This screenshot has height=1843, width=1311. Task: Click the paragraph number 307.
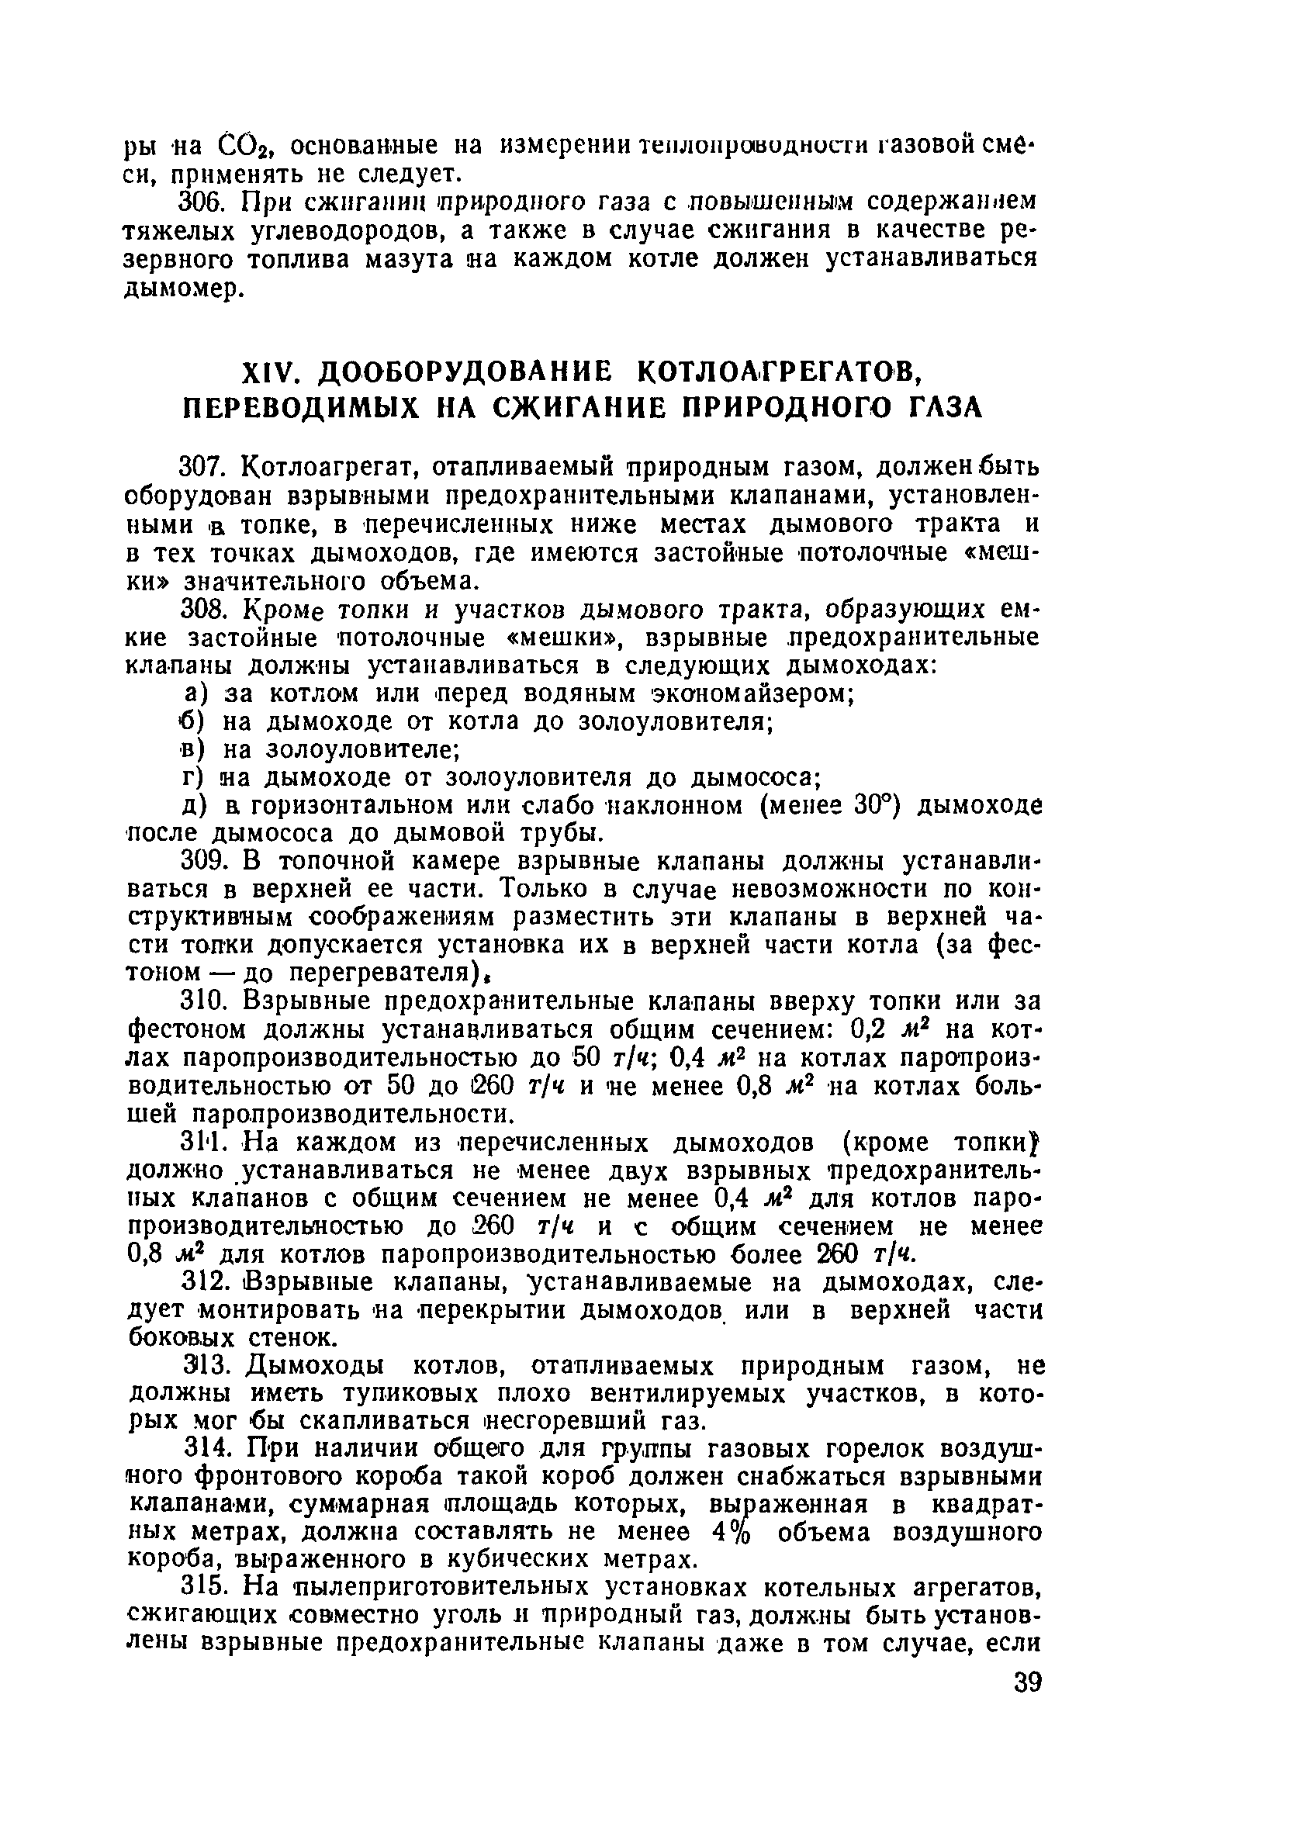pyautogui.click(x=206, y=467)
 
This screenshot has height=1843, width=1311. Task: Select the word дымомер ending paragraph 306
pyautogui.click(x=181, y=289)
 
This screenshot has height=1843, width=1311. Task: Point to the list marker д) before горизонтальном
pyautogui.click(x=196, y=806)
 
